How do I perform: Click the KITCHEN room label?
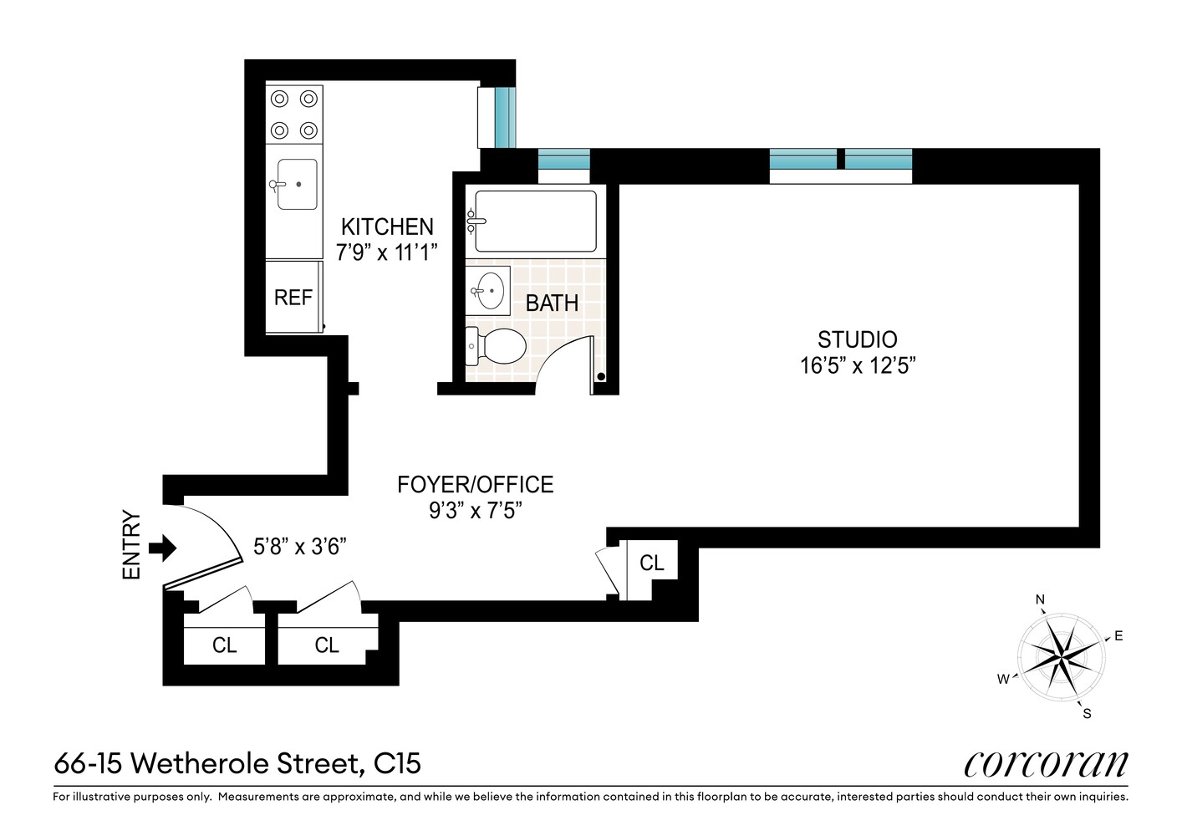pyautogui.click(x=387, y=227)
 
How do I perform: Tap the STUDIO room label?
pyautogui.click(x=857, y=339)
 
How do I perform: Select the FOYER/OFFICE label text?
pyautogui.click(x=475, y=485)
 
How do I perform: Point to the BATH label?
pyautogui.click(x=552, y=303)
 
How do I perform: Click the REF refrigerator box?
pyautogui.click(x=293, y=298)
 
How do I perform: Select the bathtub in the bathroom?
pyautogui.click(x=535, y=222)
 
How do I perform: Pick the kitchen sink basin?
pyautogui.click(x=297, y=184)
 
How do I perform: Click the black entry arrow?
pyautogui.click(x=162, y=548)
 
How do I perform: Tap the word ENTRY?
pyautogui.click(x=132, y=545)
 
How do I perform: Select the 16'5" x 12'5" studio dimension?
pyautogui.click(x=853, y=366)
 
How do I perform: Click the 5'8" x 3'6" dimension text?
pyautogui.click(x=300, y=547)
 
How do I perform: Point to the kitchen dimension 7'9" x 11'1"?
pyautogui.click(x=387, y=252)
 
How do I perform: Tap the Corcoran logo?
pyautogui.click(x=1046, y=764)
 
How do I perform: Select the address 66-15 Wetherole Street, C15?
pyautogui.click(x=237, y=764)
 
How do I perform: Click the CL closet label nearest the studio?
pyautogui.click(x=652, y=563)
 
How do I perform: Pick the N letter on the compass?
pyautogui.click(x=1041, y=599)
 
